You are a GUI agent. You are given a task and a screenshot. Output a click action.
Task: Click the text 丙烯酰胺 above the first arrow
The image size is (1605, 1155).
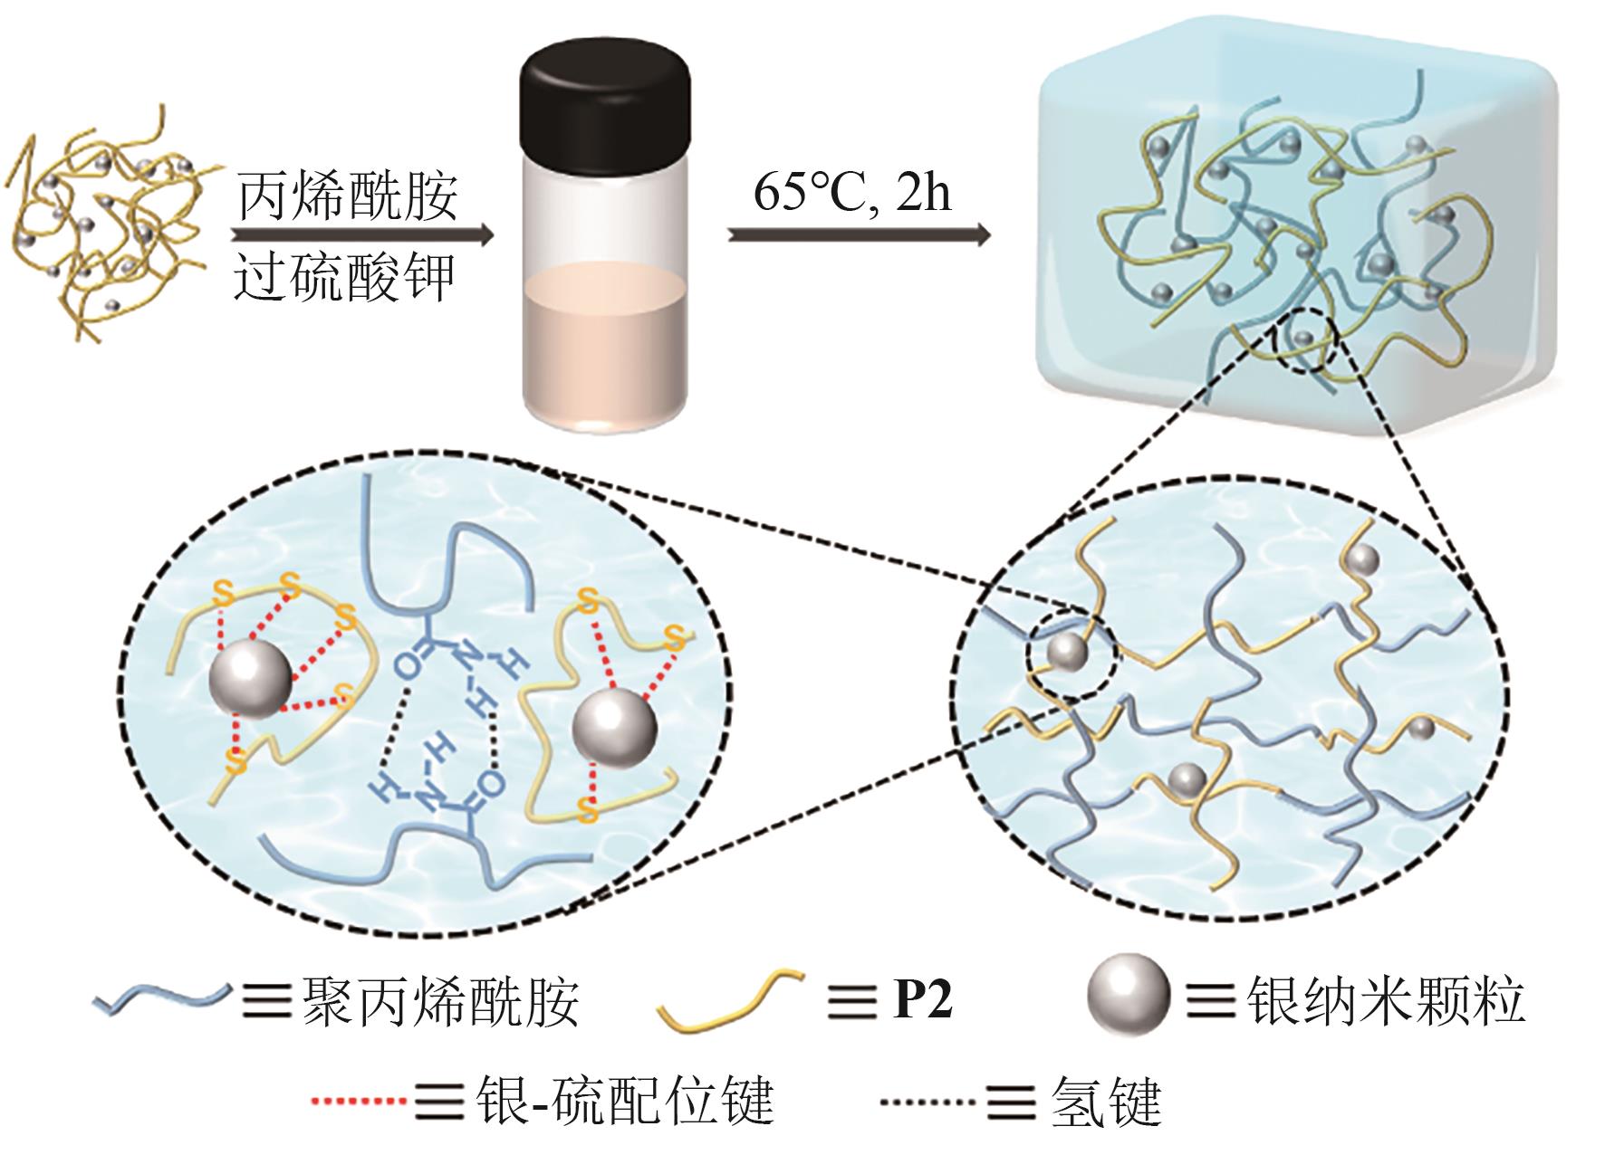[x=348, y=196]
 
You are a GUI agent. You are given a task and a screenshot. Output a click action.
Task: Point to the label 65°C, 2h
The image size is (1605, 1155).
[x=852, y=193]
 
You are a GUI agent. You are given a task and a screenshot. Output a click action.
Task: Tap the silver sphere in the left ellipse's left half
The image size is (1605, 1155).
[x=251, y=678]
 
